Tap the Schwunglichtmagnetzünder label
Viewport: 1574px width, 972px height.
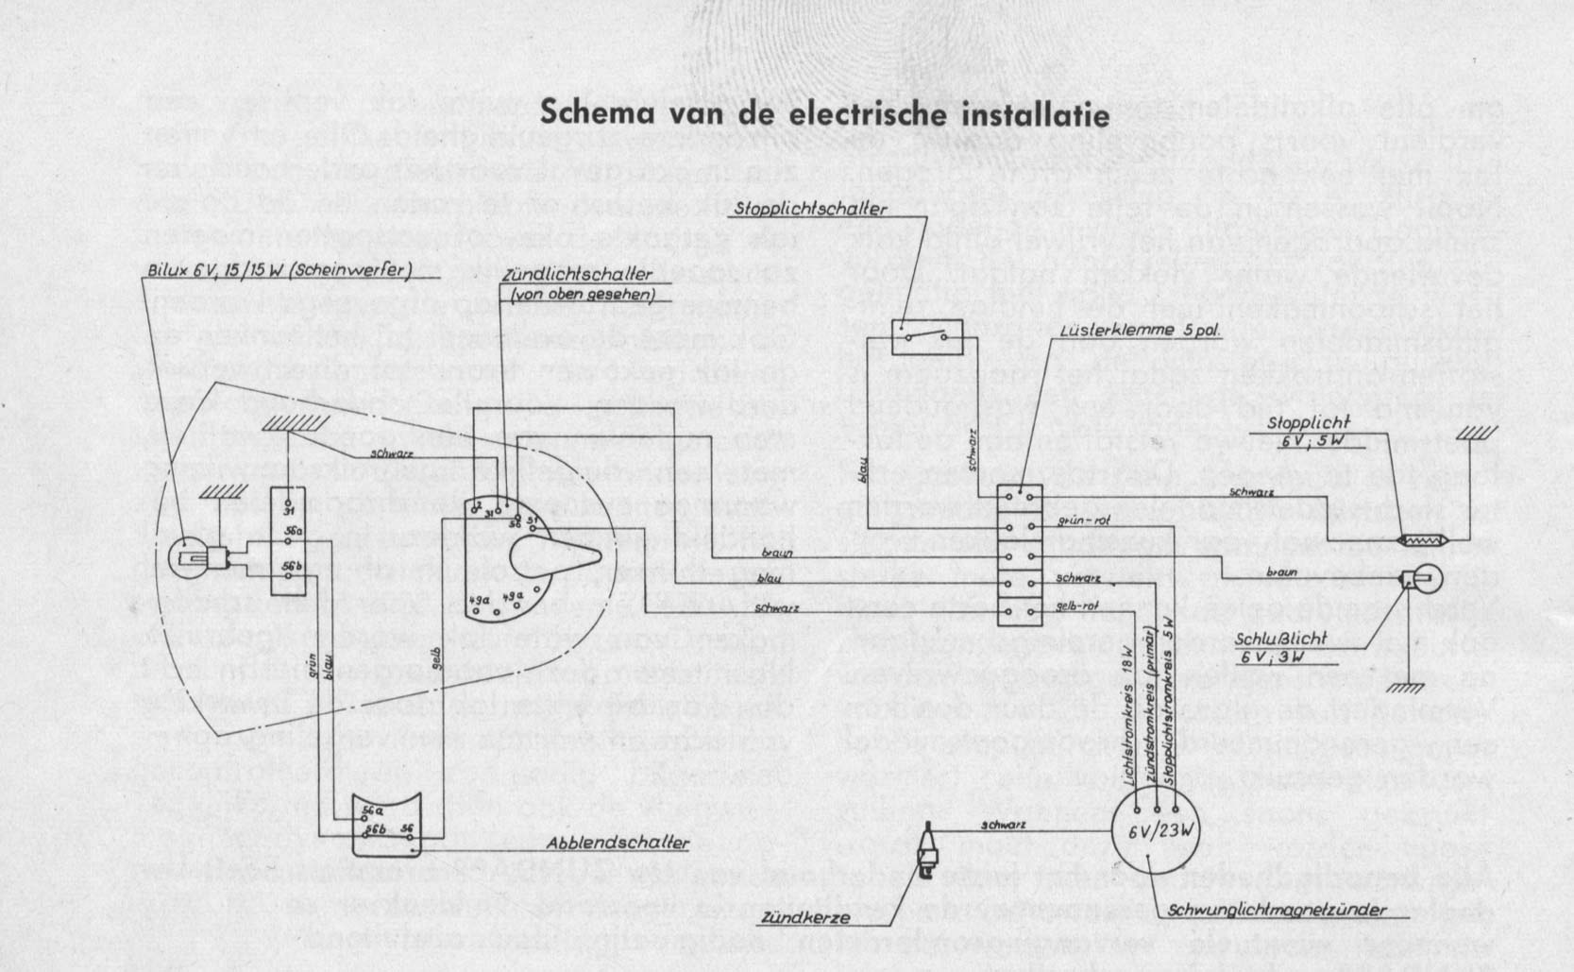coord(1278,911)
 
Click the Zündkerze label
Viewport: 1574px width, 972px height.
coord(803,917)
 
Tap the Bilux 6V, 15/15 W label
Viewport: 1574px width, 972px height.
coord(279,270)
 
